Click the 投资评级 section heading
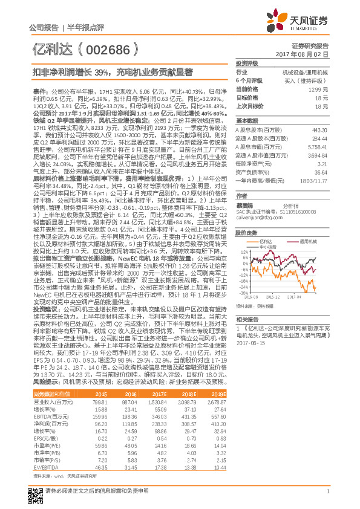246,63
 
